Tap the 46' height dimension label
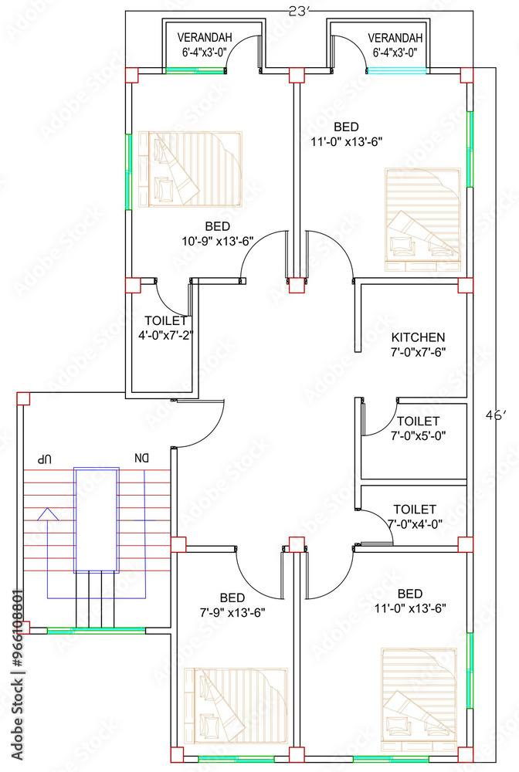494,415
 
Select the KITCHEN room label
418,344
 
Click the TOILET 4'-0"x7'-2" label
165,328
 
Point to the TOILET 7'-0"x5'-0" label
418,428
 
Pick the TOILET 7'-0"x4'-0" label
415,516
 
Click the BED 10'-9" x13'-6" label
218,233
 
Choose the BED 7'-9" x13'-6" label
232,604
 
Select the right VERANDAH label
395,45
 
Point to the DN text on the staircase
141,459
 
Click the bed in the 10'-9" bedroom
191,170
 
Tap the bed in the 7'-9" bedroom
236,704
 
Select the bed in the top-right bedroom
422,220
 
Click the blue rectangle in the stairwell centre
97,520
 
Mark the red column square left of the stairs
23,398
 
